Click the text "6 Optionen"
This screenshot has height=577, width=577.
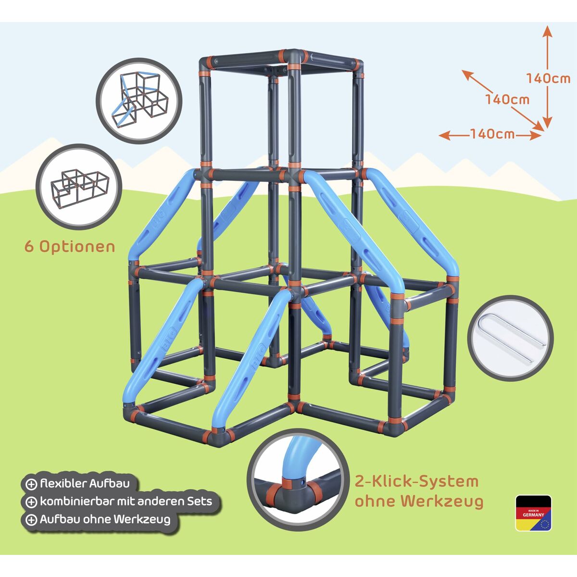click(x=70, y=247)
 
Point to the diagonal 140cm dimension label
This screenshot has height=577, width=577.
click(x=507, y=100)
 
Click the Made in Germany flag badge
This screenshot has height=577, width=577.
click(x=533, y=513)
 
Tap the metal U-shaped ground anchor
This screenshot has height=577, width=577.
click(x=510, y=336)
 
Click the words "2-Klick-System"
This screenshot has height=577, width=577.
click(x=416, y=481)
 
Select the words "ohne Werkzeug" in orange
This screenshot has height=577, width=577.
click(x=418, y=501)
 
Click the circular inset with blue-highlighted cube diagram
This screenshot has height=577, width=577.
click(x=139, y=100)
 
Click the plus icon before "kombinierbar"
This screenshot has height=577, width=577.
click(x=31, y=502)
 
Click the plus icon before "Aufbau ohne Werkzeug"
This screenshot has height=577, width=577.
click(x=31, y=520)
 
